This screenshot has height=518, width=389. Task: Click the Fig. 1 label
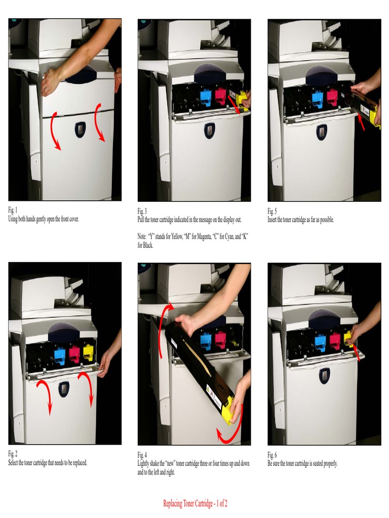[13, 210]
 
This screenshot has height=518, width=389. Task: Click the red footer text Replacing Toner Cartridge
[195, 503]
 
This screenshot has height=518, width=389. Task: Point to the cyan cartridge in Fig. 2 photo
[59, 355]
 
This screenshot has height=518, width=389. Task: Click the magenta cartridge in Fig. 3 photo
[220, 96]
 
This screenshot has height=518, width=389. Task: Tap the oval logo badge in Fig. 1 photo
[81, 129]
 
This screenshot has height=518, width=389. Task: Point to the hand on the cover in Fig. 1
[51, 82]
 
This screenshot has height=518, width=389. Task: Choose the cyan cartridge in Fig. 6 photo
[320, 342]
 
